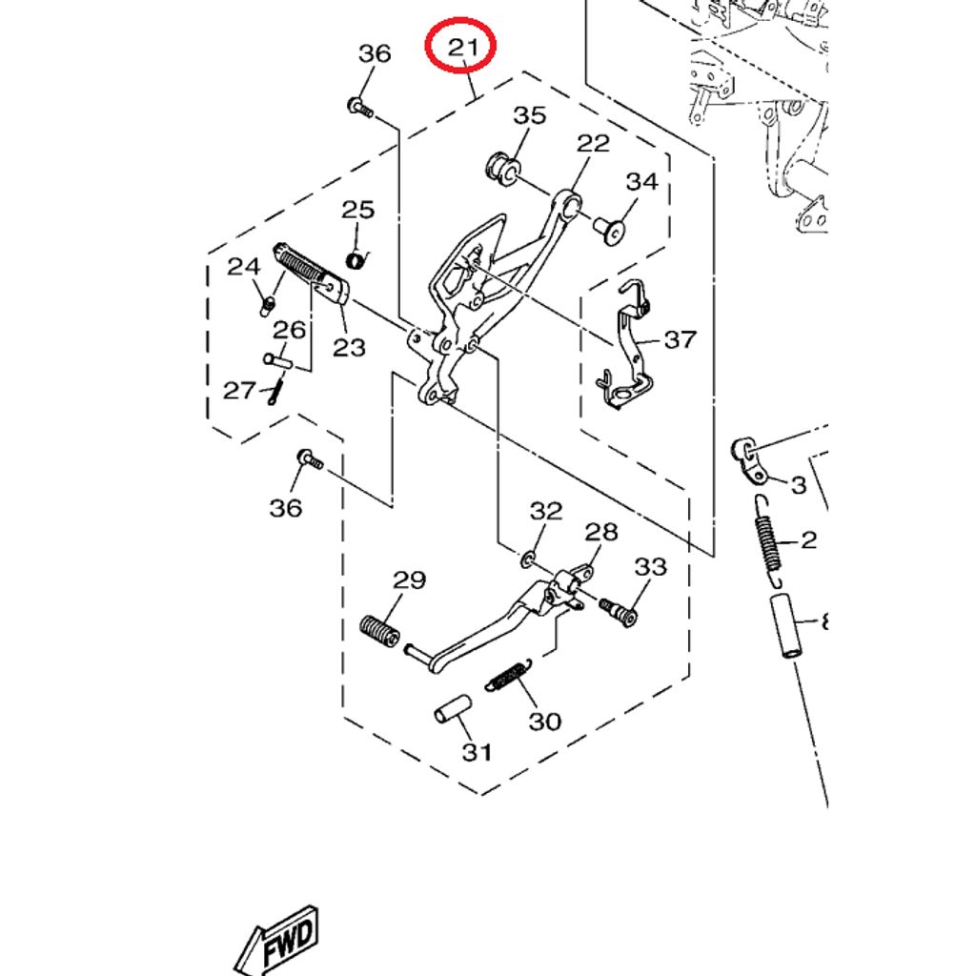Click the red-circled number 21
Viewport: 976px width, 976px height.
[460, 47]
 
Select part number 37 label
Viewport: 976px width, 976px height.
[680, 339]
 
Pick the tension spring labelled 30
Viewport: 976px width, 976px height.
[507, 675]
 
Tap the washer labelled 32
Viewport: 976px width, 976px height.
[528, 557]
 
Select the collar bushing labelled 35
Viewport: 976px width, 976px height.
[501, 166]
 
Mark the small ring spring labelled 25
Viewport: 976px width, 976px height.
[356, 260]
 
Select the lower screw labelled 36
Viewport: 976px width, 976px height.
[310, 460]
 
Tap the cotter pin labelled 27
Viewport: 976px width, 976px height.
[275, 390]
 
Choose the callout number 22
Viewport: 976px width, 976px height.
[592, 143]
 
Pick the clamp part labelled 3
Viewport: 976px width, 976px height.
[750, 460]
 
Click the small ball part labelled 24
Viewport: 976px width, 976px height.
[268, 305]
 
